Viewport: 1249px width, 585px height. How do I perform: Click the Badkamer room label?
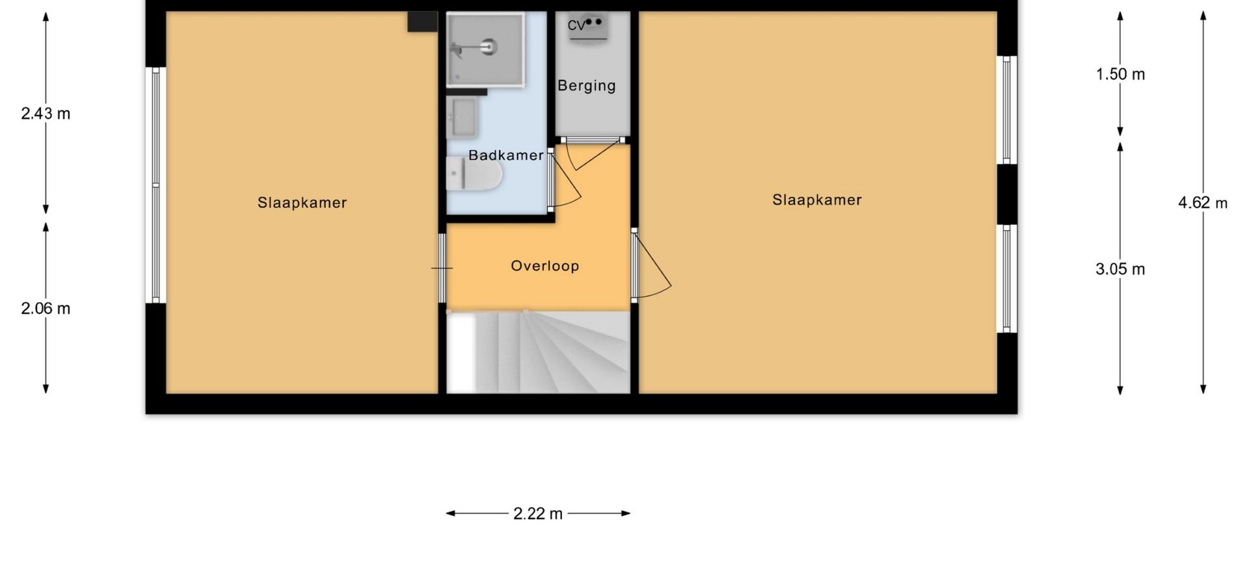click(505, 155)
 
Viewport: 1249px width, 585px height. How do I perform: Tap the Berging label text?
click(587, 86)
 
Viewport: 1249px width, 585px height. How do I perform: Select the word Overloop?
click(544, 266)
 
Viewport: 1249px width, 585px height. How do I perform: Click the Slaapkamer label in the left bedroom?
click(302, 203)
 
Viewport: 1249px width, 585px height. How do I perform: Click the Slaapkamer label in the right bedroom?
click(817, 200)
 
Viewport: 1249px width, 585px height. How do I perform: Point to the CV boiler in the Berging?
click(588, 27)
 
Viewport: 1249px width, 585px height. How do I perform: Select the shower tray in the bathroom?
click(485, 49)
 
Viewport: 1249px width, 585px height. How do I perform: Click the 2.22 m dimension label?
click(538, 513)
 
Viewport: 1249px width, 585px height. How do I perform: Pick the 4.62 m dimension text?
click(1203, 203)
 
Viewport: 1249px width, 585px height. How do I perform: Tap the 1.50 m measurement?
click(1120, 74)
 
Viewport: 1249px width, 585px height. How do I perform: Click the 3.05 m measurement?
click(1120, 269)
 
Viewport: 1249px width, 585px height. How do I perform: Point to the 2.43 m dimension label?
click(46, 114)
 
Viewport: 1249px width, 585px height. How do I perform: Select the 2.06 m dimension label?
click(46, 308)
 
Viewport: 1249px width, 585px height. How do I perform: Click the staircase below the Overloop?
click(538, 352)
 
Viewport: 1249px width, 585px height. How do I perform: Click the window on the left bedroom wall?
click(155, 185)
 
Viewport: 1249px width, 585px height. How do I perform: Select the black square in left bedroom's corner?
click(422, 21)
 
